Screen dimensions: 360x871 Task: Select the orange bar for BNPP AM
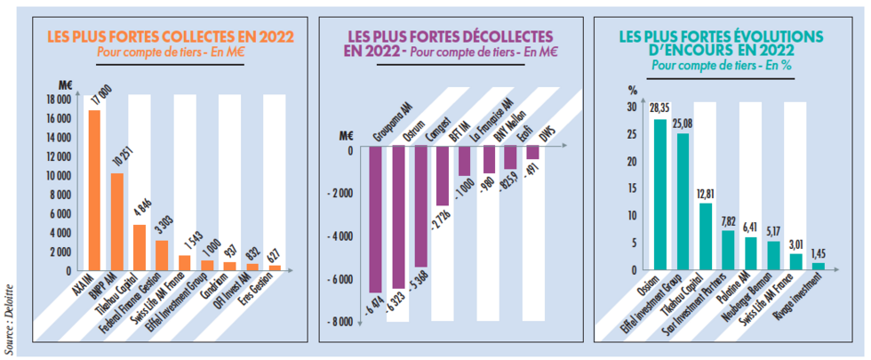click(x=116, y=221)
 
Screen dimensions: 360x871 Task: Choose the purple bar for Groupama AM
click(x=375, y=219)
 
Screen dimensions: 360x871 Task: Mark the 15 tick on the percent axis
click(x=632, y=188)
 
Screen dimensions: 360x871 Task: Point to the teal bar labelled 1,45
click(x=819, y=266)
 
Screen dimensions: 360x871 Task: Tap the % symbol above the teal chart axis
click(x=633, y=90)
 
